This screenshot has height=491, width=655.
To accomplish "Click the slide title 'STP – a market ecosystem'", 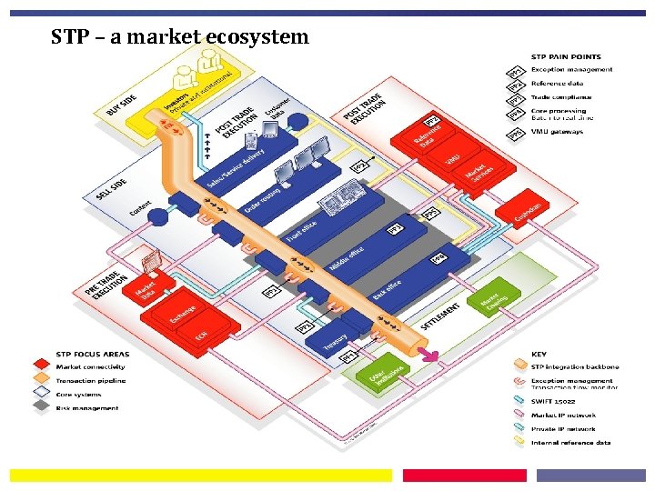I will click(x=180, y=37).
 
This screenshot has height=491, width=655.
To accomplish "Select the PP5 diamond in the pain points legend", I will click(x=516, y=133).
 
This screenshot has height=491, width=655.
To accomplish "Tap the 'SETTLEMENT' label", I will click(x=440, y=316).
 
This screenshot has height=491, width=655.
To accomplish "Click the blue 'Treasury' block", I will click(x=338, y=337).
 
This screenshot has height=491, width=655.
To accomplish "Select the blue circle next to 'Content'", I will click(x=159, y=217).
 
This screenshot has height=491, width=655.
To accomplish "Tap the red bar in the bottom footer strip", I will click(x=464, y=476).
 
